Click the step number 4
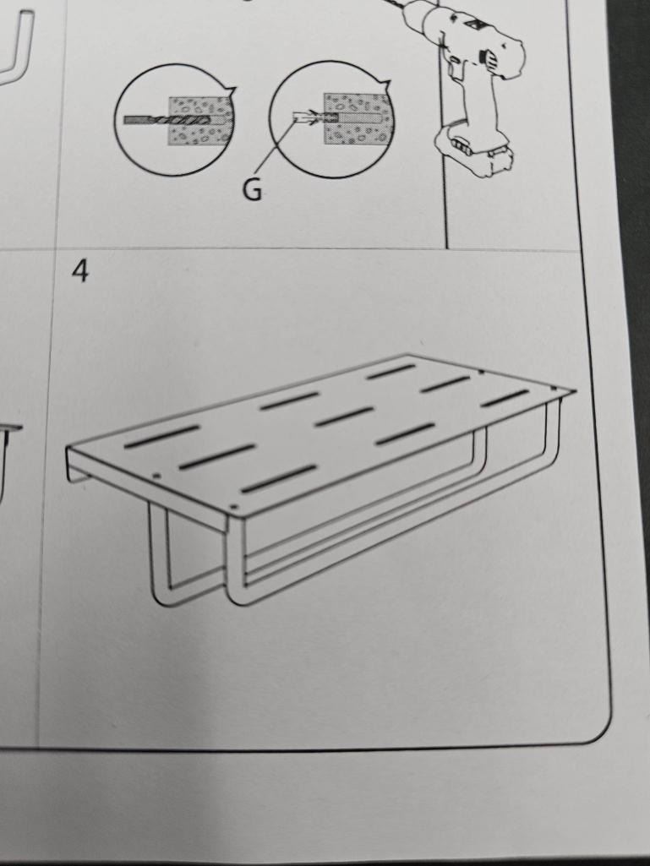tap(80, 271)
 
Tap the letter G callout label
tap(252, 191)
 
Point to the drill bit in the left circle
tap(167, 120)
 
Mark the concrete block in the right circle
tap(357, 119)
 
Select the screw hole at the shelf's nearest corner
tap(232, 506)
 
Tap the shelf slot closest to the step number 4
tap(161, 436)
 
